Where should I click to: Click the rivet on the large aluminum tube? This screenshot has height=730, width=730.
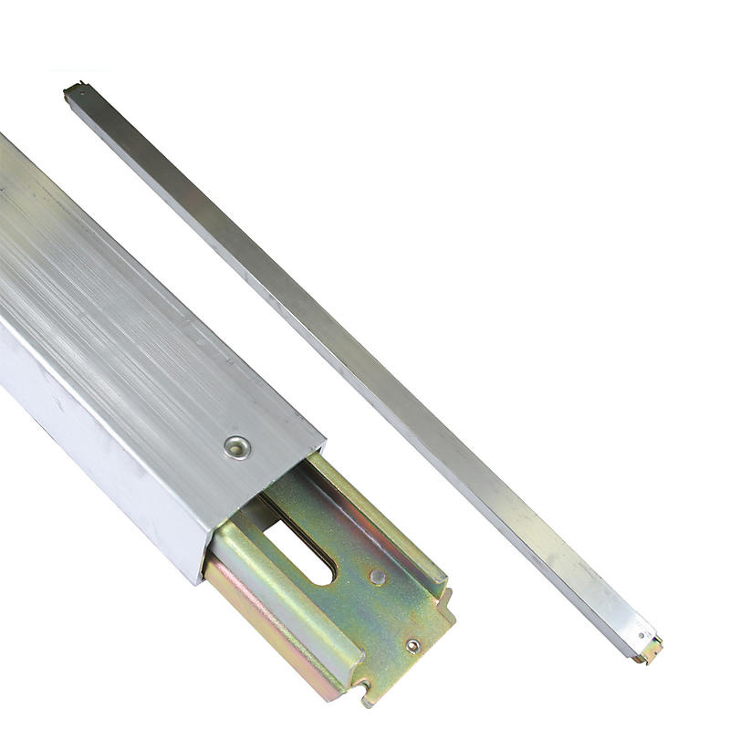coord(237,447)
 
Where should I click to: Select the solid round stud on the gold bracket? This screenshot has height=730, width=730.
coord(376,577)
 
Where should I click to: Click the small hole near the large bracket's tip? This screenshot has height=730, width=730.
coord(412,645)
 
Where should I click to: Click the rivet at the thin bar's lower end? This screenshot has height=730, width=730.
coord(641,636)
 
